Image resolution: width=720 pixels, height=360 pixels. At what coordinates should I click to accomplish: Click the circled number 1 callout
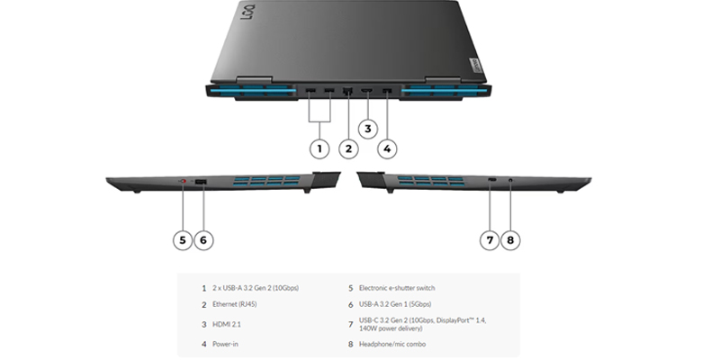tap(318, 148)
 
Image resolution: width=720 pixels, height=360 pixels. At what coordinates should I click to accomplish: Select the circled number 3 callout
tap(367, 129)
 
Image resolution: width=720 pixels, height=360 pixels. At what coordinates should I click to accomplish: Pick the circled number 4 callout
tap(387, 148)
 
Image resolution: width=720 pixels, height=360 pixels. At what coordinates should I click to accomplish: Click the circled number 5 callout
tap(183, 239)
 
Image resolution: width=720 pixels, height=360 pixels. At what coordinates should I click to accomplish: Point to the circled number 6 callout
tap(203, 239)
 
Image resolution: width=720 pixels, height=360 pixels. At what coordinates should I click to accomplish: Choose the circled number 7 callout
tap(490, 239)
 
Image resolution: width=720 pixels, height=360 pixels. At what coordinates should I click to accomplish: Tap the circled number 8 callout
tap(511, 239)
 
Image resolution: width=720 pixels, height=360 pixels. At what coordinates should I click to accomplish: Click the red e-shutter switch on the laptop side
tap(184, 183)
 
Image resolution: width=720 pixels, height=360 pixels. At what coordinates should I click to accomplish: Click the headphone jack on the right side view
tap(511, 181)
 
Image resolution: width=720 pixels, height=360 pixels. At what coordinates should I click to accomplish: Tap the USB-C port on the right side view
tap(490, 181)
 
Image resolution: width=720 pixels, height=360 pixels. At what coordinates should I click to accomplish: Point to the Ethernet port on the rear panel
tap(348, 92)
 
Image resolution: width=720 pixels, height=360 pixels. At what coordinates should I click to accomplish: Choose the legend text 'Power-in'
tap(227, 344)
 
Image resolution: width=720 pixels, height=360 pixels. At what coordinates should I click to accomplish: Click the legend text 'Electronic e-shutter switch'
tap(397, 288)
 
